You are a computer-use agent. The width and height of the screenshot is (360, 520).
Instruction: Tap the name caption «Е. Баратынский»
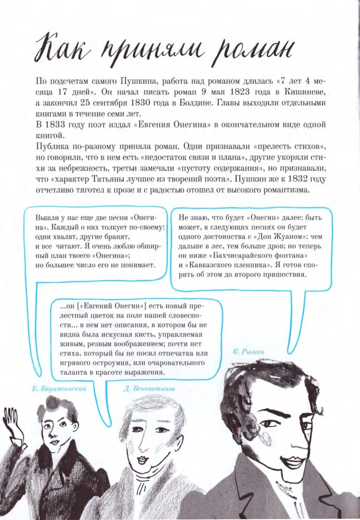(x=59, y=389)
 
